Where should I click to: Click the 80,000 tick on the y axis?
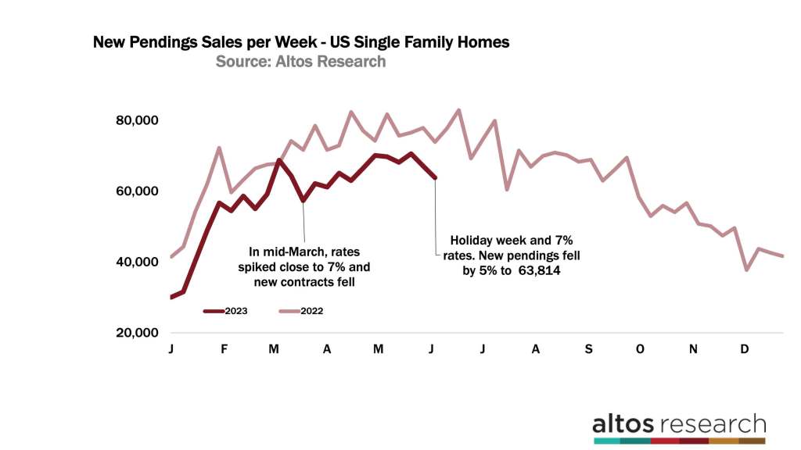(137, 120)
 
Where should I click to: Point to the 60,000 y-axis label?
(137, 191)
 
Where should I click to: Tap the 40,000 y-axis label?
(137, 262)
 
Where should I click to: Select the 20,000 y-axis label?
(137, 333)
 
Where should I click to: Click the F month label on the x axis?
(224, 349)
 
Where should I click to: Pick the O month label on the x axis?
(641, 349)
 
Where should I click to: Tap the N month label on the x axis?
(693, 349)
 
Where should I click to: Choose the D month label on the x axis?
(745, 349)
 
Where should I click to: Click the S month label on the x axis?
(587, 349)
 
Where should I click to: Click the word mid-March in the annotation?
(291, 252)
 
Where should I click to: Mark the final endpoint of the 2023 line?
(435, 177)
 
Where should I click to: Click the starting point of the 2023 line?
(171, 297)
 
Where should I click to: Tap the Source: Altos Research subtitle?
(300, 61)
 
